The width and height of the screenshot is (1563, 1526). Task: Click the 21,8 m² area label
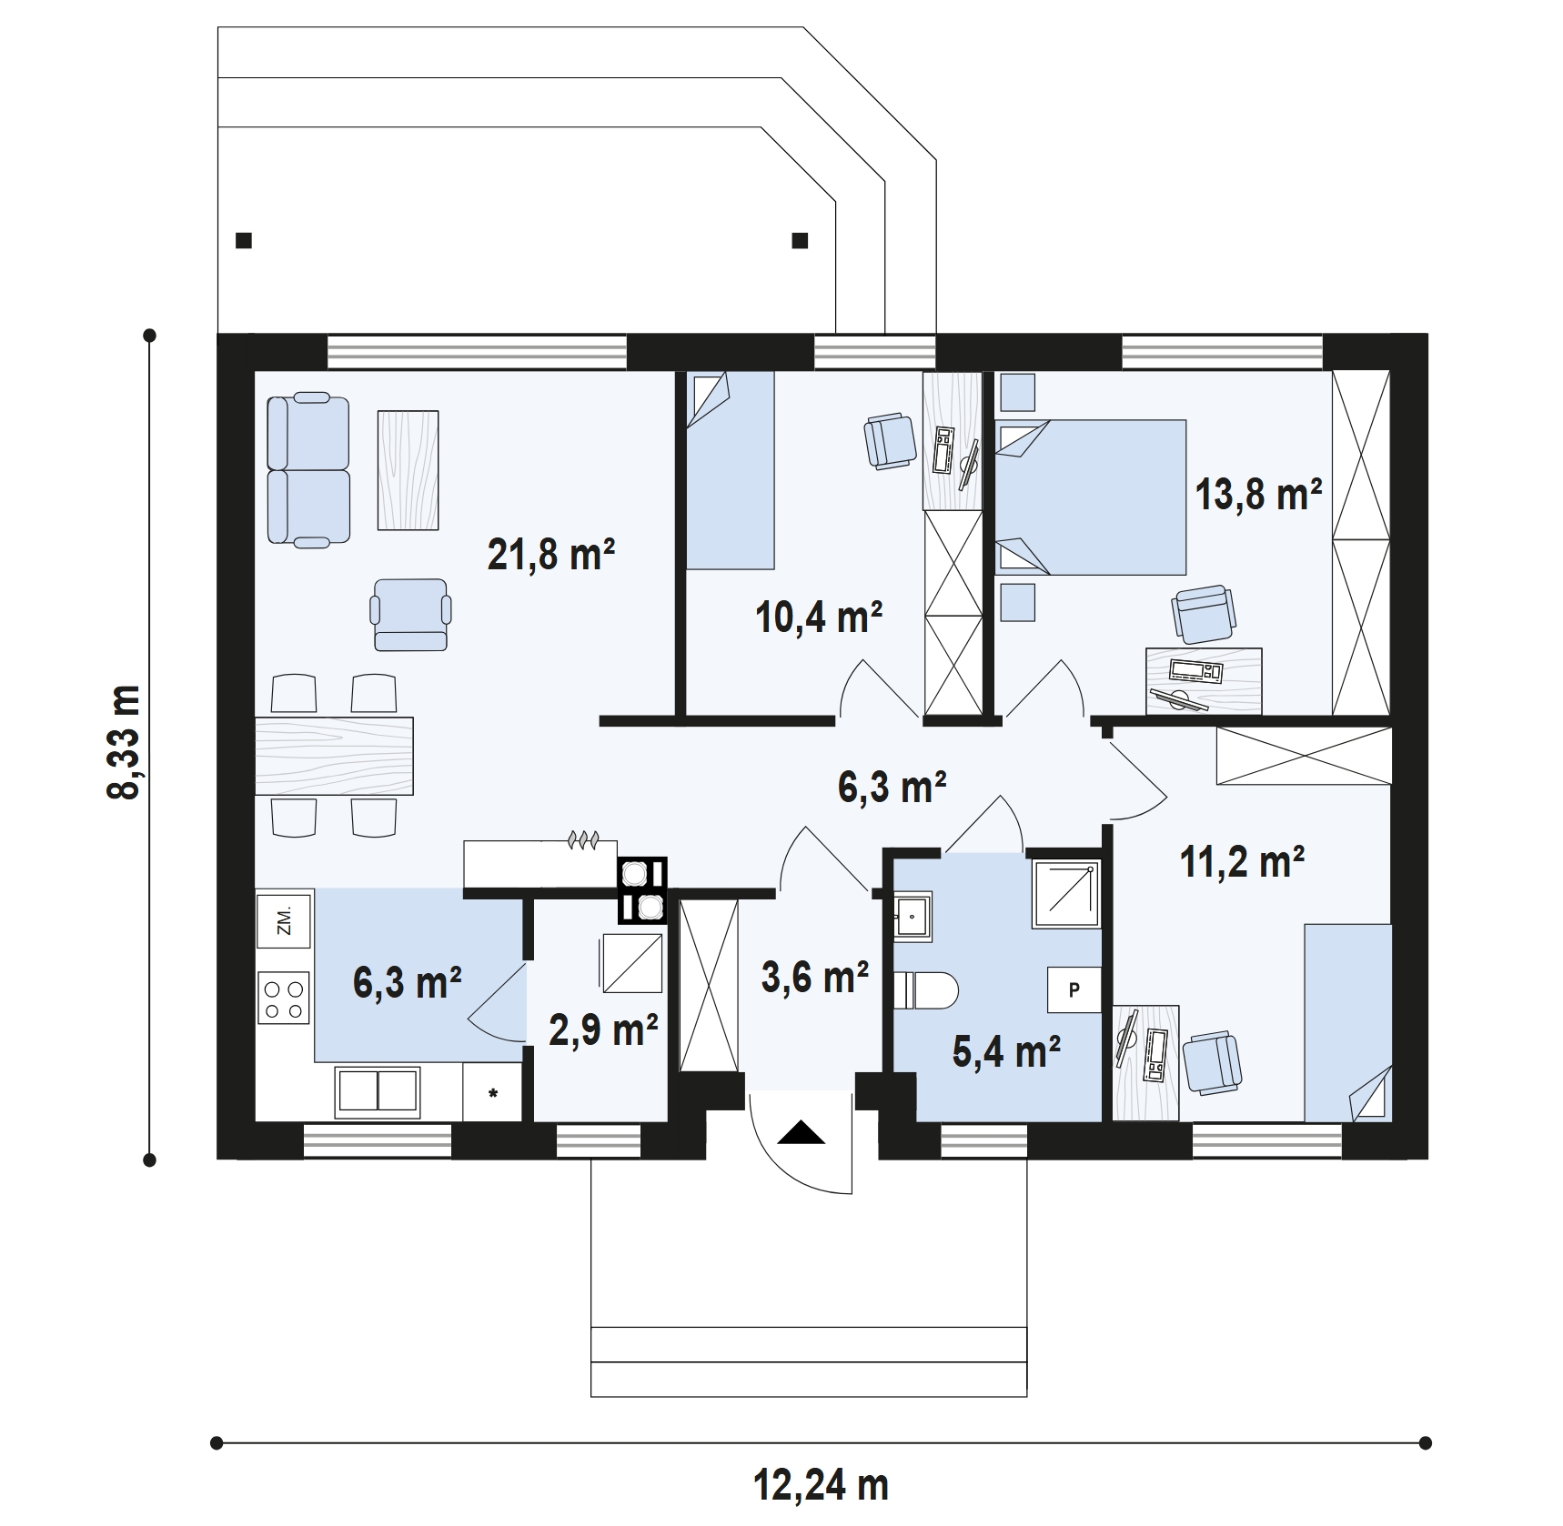point(551,554)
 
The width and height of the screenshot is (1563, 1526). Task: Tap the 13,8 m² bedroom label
point(1258,495)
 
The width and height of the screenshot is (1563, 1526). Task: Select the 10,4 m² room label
point(819,617)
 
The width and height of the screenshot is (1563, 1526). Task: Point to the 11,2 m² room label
point(1242,860)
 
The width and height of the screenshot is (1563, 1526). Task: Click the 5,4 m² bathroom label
point(1006,1051)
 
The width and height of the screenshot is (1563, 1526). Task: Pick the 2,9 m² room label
point(604,1029)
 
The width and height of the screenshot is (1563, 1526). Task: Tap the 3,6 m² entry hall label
point(815,978)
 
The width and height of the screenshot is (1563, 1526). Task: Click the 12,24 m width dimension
point(821,1486)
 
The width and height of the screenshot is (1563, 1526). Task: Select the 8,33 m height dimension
point(125,742)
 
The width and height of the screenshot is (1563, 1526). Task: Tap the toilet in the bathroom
point(925,990)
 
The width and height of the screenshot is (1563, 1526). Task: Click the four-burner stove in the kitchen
point(283,998)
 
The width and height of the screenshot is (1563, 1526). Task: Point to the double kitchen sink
point(378,1091)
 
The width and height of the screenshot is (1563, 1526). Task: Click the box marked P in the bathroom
point(1074,989)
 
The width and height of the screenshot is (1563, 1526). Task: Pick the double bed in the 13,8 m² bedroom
point(1091,497)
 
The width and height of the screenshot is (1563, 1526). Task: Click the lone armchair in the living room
point(410,616)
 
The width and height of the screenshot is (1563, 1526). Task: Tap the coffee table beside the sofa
point(408,470)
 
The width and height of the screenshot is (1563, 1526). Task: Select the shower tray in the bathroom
point(1065,894)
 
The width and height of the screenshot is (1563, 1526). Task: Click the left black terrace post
point(243,241)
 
